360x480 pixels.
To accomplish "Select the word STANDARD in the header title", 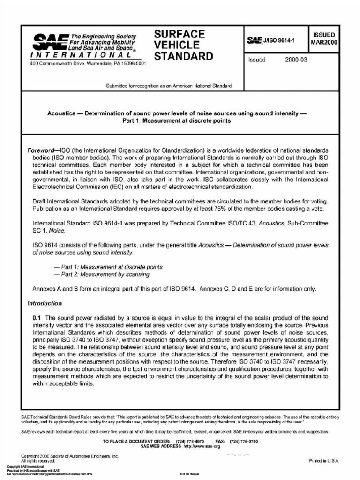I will [183, 57].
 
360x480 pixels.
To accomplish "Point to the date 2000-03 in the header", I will [290, 60].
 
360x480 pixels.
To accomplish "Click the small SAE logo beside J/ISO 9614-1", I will [255, 41].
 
